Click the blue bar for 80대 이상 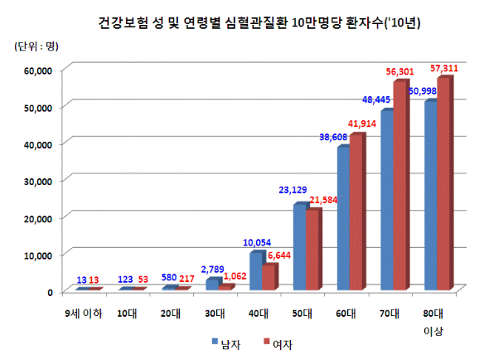pyautogui.click(x=430, y=196)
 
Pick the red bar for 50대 pyautogui.click(x=312, y=250)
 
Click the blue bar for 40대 pyautogui.click(x=255, y=271)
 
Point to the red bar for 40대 pyautogui.click(x=269, y=277)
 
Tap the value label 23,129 pyautogui.click(x=293, y=192)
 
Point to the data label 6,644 pyautogui.click(x=277, y=254)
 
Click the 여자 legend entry pyautogui.click(x=277, y=342)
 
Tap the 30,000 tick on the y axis pyautogui.click(x=36, y=181)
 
